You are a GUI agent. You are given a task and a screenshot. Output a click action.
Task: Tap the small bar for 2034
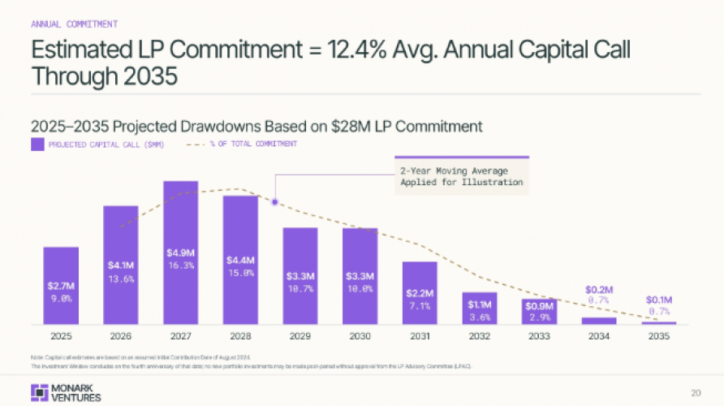599,321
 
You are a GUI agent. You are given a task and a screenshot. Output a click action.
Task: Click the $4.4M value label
240,261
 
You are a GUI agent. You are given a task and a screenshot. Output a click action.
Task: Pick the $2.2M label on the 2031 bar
420,292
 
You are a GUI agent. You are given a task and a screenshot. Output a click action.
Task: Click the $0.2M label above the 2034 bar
599,289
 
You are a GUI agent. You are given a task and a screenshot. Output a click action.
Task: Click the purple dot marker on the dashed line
275,202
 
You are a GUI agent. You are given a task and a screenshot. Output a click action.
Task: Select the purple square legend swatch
37,145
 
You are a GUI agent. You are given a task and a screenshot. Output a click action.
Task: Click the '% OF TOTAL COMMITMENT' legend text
253,145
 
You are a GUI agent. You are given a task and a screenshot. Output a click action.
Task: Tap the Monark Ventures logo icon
37,391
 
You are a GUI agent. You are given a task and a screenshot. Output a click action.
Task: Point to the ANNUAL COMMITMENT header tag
74,24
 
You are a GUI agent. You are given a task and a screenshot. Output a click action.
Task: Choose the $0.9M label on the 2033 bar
539,305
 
